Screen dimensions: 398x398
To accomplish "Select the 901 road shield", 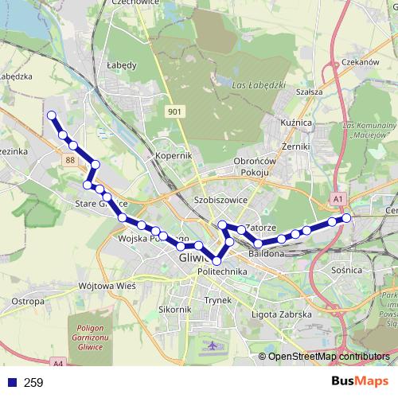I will point(175,112).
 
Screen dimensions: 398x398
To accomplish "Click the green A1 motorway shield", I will point(339,198).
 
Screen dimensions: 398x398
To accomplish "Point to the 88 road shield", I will point(72,160).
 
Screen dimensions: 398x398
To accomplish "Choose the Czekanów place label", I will point(357,61).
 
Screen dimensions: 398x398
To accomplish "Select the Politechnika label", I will point(222,272).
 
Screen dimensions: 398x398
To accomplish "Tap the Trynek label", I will point(217,300).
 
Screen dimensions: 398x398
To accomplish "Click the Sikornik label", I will point(174,310).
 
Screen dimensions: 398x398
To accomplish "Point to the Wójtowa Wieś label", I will point(107,285).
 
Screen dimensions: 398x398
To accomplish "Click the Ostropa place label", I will point(29,302).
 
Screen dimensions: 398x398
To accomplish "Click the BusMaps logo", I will point(361,382).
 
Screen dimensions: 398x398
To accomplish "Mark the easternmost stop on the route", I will point(346,217).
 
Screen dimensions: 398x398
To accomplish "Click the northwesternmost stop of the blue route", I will point(53,115).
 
